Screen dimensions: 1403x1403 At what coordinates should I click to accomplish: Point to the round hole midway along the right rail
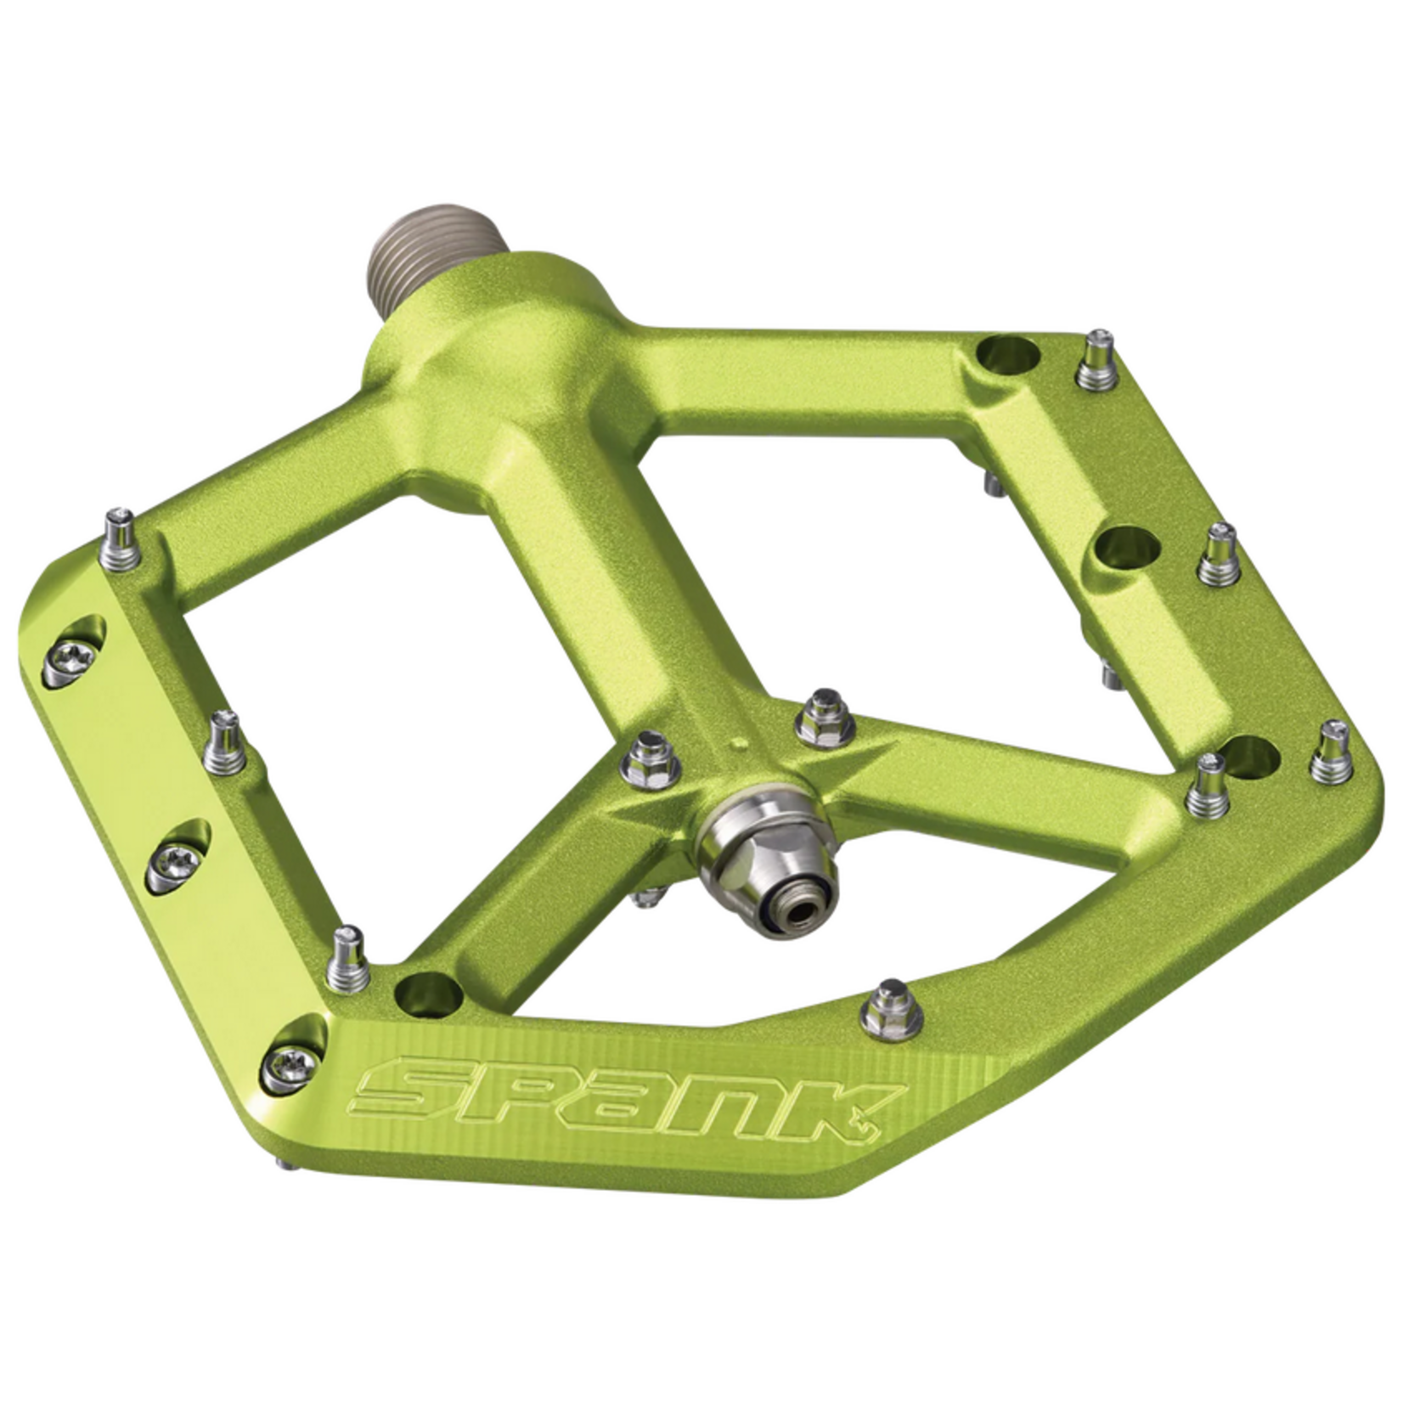(x=1127, y=543)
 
